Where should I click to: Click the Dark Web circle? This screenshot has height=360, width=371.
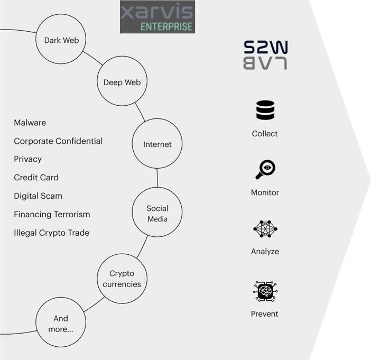61,40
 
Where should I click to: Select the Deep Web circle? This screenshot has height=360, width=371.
122,82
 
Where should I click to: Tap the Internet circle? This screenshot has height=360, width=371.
157,144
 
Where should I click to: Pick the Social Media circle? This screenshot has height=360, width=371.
157,213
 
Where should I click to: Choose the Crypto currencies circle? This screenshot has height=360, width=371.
122,279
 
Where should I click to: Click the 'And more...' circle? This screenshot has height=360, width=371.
61,323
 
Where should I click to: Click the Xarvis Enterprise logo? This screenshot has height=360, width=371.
157,17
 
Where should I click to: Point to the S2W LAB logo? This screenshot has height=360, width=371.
265,55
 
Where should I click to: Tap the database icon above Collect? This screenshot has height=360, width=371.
265,110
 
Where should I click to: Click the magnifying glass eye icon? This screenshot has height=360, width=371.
265,170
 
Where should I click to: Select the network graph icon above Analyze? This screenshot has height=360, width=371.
265,229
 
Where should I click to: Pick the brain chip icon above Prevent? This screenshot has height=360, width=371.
265,291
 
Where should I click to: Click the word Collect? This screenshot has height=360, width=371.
265,134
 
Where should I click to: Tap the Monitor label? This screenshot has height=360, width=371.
265,192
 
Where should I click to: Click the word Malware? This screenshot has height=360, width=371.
30,123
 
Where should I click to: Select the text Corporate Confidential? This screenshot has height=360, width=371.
58,141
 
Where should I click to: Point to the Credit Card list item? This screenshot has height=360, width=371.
36,178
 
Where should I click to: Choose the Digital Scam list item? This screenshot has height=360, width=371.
38,196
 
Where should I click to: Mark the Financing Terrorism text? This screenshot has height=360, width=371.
52,215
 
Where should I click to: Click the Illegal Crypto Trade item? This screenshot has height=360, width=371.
51,233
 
